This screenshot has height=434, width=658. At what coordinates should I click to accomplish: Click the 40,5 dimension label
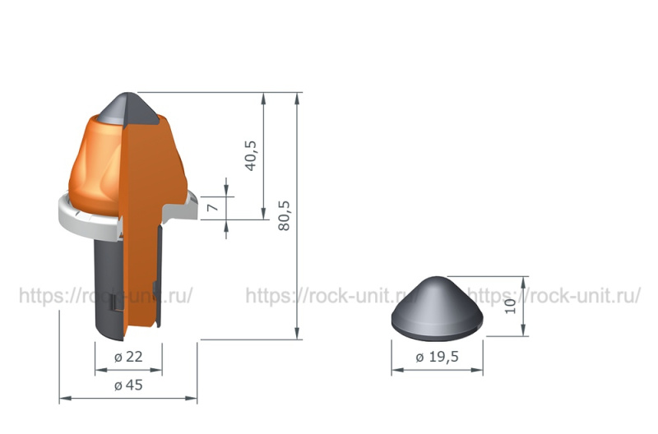(x=251, y=155)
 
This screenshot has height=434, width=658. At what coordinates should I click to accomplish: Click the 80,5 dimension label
(x=284, y=215)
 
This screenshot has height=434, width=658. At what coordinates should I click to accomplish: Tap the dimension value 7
(x=214, y=208)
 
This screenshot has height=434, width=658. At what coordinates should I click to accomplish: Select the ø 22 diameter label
(x=128, y=357)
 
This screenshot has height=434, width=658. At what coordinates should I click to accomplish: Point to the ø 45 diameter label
(x=128, y=385)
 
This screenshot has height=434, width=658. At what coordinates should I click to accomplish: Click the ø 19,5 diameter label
(x=437, y=358)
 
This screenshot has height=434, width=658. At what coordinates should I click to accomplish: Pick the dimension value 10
(x=510, y=306)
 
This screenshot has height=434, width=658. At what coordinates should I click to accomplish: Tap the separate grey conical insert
(x=438, y=308)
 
